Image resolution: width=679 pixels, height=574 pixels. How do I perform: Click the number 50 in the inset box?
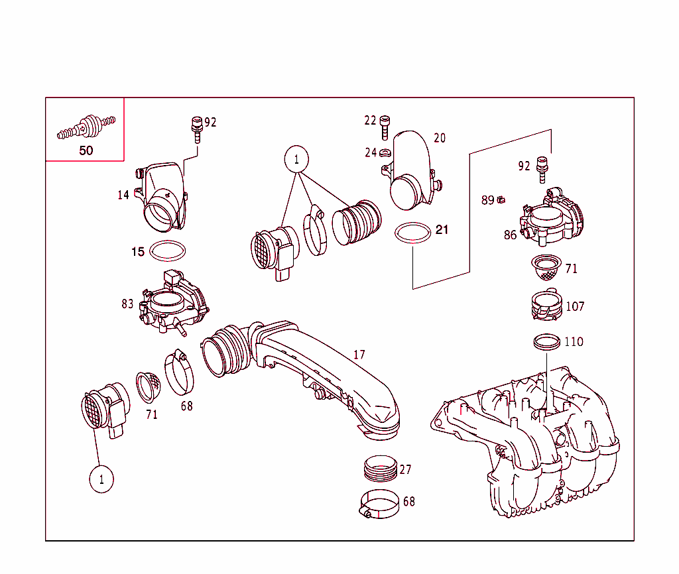[x=86, y=150]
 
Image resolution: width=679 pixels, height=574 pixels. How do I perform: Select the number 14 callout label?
[x=123, y=195]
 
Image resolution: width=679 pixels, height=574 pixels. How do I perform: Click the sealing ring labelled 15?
[x=168, y=251]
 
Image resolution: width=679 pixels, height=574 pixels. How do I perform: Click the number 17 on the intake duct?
[x=359, y=355]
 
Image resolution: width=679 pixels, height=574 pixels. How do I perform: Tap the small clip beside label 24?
[x=386, y=153]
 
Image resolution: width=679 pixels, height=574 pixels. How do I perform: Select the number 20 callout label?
[x=440, y=138]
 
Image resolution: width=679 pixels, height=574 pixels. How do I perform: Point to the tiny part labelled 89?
[x=503, y=199]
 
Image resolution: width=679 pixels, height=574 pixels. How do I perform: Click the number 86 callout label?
[x=510, y=235]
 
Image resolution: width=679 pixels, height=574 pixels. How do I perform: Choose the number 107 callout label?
[x=575, y=307]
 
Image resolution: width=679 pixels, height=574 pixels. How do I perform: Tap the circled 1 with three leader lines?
[x=296, y=159]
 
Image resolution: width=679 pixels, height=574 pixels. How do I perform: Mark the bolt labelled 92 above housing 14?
[x=196, y=128]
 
